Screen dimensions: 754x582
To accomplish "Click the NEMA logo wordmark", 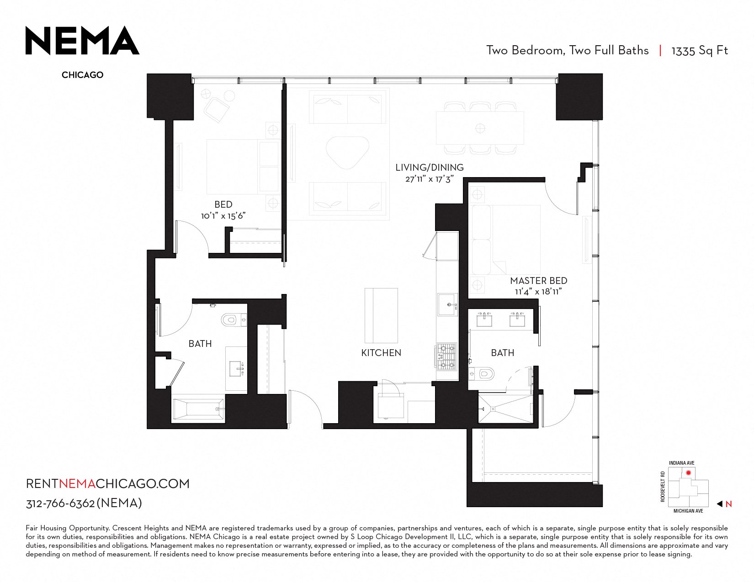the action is (x=82, y=41).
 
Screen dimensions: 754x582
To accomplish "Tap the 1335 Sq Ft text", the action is (x=700, y=51).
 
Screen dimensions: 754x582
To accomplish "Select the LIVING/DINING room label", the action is (x=429, y=168).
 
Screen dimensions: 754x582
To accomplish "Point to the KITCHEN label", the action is (x=381, y=353).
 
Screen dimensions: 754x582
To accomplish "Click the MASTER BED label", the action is (x=538, y=280).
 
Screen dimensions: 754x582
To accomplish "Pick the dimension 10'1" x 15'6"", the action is (x=223, y=216).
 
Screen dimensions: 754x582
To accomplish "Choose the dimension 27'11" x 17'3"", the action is (x=430, y=179).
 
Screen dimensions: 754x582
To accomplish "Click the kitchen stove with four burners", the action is (x=446, y=357).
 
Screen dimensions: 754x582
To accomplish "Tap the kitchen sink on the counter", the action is (x=448, y=304).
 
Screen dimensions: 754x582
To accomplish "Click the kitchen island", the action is (x=381, y=315).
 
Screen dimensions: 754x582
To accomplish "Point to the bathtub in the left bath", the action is (x=198, y=409).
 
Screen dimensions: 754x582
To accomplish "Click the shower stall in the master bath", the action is (x=505, y=409).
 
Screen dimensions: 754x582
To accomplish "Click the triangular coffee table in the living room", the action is (x=347, y=152).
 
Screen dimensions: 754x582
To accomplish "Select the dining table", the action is (x=480, y=128).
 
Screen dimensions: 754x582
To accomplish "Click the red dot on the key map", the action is (x=688, y=473).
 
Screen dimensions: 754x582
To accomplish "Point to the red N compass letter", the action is (x=729, y=504).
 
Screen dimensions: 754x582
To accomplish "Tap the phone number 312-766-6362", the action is (x=60, y=503).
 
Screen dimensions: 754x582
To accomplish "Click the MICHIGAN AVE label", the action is (x=688, y=511).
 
